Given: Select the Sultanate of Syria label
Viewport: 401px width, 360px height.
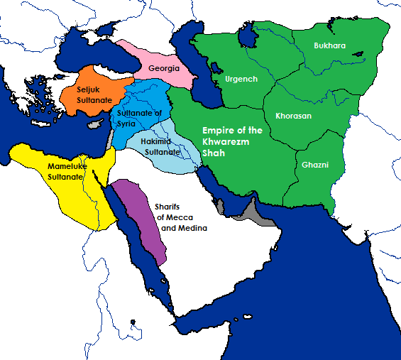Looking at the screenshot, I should tap(139, 119).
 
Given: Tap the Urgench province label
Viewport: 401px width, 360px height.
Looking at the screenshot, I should tap(241, 79).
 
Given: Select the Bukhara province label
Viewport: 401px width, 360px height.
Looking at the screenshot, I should tap(330, 45).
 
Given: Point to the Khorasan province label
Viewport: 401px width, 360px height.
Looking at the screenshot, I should tap(293, 115).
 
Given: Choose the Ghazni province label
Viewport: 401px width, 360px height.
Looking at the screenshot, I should tap(314, 165).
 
